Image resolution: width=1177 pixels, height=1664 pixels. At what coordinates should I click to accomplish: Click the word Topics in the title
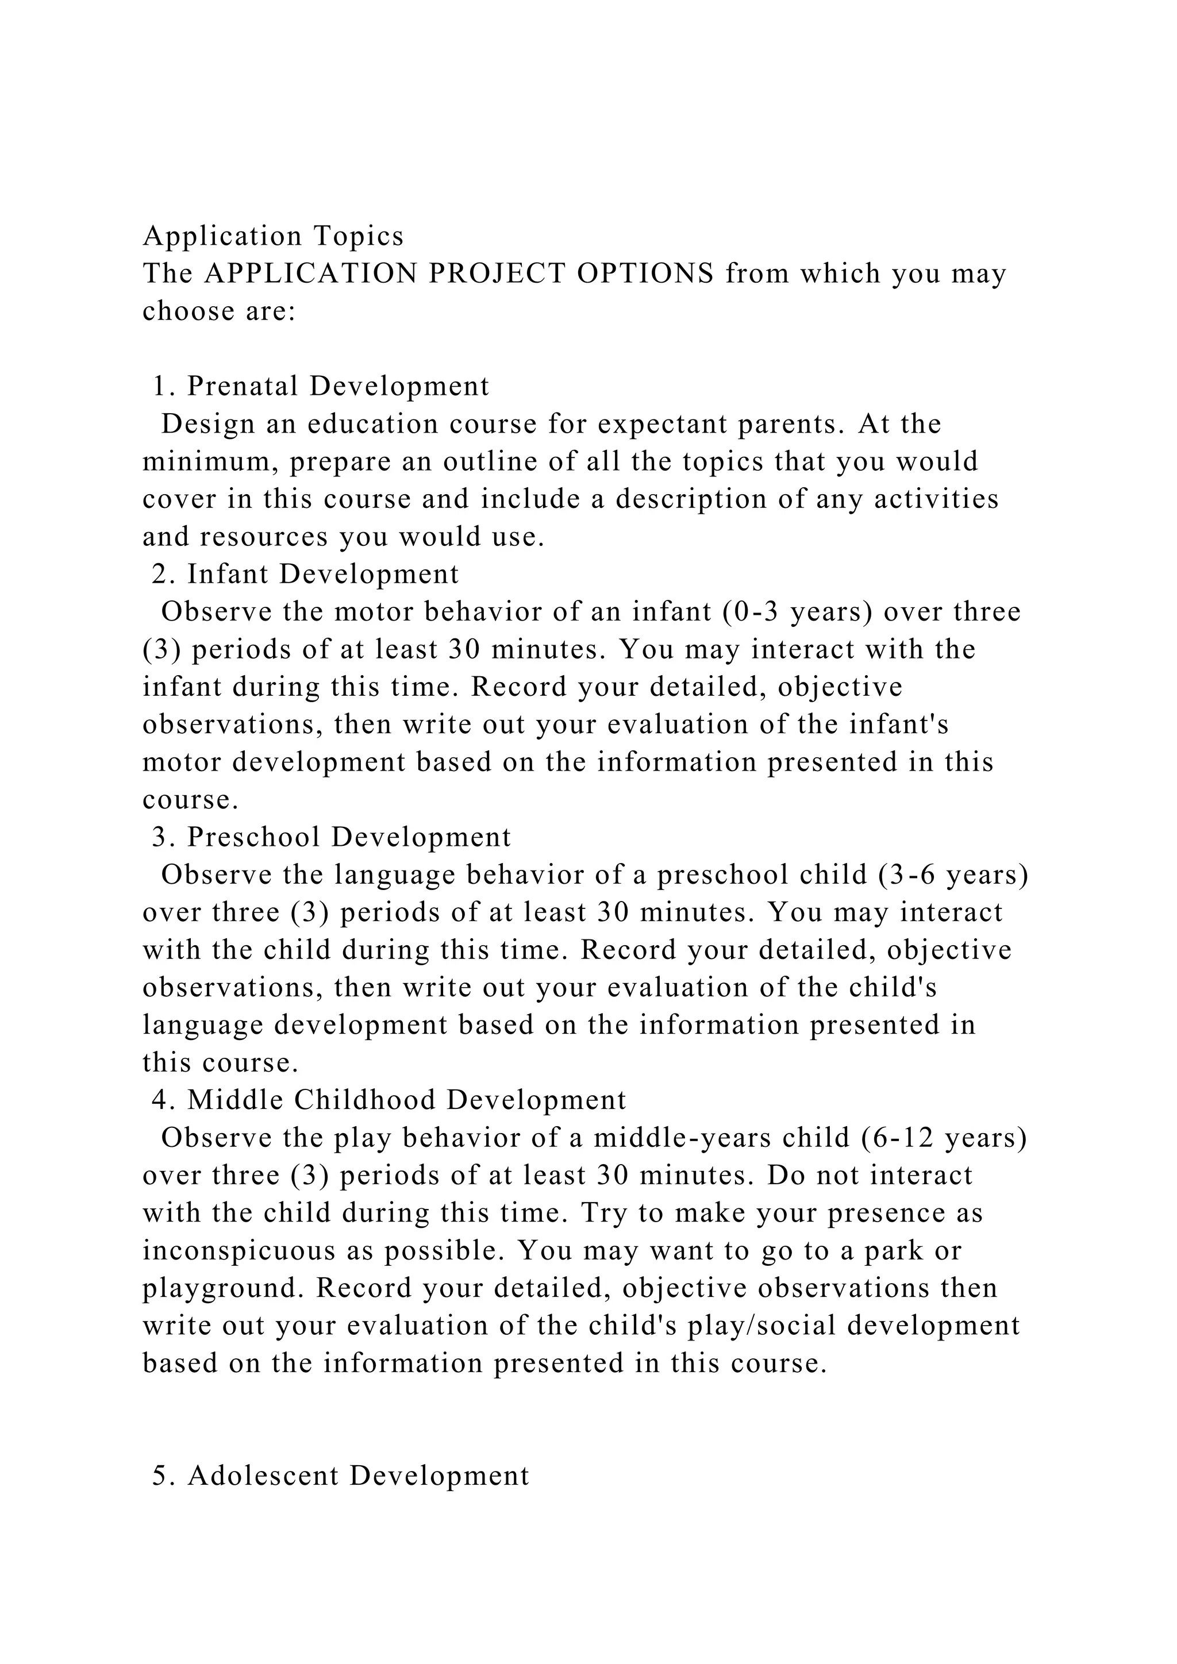(x=359, y=236)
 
